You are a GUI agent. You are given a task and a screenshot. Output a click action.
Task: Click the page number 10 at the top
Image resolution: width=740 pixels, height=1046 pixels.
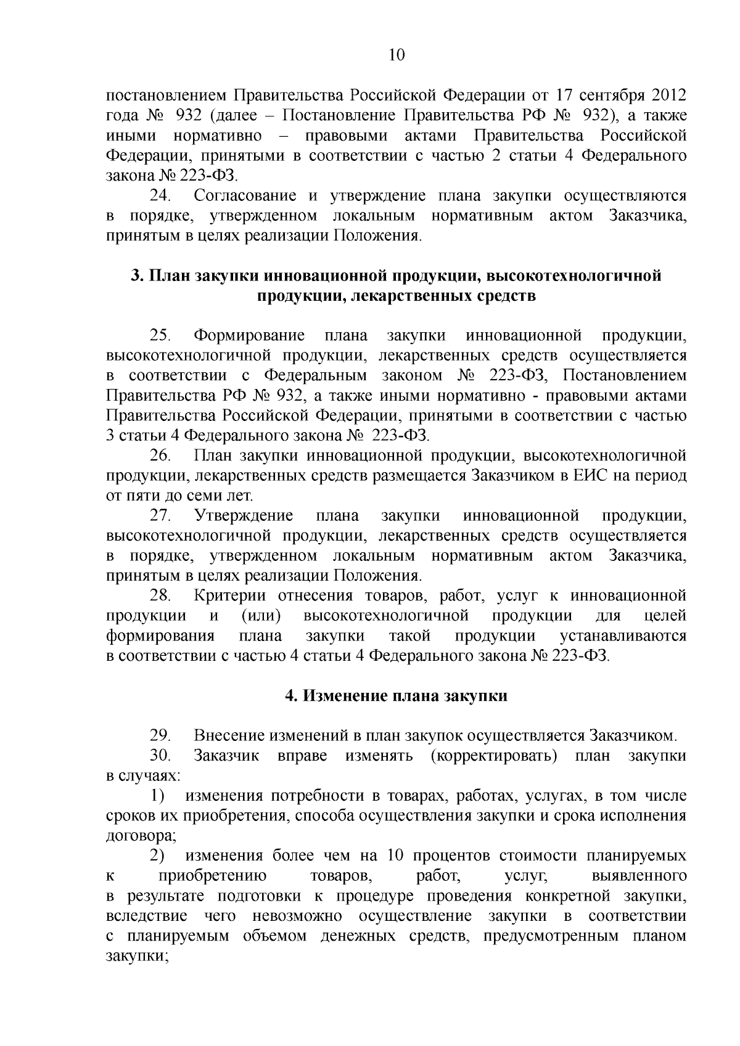pos(397,55)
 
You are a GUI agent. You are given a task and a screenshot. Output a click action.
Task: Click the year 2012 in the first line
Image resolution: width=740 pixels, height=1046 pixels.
pos(665,96)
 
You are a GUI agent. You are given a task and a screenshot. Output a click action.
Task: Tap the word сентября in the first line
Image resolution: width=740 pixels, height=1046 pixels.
pos(605,96)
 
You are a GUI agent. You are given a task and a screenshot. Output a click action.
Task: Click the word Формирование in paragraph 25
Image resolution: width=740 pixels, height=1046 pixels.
pos(249,336)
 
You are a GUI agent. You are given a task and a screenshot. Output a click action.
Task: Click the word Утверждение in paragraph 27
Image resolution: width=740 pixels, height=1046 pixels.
pos(244,516)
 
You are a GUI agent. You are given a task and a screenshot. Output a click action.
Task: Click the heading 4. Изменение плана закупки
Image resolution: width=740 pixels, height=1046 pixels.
pos(396,696)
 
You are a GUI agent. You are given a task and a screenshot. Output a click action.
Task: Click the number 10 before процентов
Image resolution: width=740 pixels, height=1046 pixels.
pos(395,856)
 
